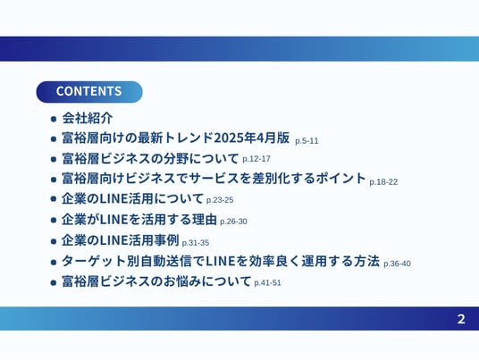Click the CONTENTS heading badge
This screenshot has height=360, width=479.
[x=89, y=92]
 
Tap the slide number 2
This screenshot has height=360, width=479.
[x=461, y=319]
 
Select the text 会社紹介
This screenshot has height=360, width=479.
[x=88, y=118]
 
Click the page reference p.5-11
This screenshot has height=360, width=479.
[x=307, y=141]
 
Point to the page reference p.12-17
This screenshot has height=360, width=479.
[x=256, y=159]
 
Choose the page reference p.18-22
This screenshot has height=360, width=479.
[x=383, y=182]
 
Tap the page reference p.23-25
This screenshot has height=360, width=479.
[x=220, y=200]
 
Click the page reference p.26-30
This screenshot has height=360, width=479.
[x=233, y=222]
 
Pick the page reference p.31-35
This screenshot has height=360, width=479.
[x=196, y=243]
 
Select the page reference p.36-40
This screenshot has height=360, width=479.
[x=397, y=264]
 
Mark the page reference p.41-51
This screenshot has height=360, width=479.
[x=267, y=283]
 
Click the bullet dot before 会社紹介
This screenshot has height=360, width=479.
[x=54, y=119]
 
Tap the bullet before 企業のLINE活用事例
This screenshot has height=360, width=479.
[x=54, y=241]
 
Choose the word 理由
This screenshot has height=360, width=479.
[x=205, y=220]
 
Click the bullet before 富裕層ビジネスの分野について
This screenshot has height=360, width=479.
[x=54, y=159]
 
